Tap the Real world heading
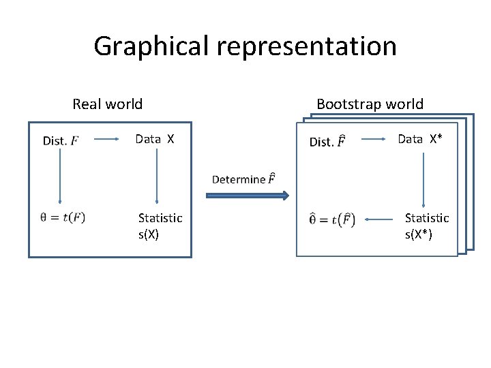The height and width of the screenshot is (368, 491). pyautogui.click(x=108, y=104)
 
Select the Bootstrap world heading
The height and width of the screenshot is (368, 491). pyautogui.click(x=370, y=104)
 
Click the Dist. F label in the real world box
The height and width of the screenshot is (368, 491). pyautogui.click(x=60, y=141)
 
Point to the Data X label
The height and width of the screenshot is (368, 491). pyautogui.click(x=155, y=140)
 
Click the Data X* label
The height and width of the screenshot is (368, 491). pyautogui.click(x=420, y=140)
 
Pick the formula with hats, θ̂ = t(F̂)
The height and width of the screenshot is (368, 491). pyautogui.click(x=331, y=219)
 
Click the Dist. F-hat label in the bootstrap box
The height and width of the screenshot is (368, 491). pyautogui.click(x=327, y=142)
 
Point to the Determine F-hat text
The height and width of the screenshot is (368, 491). pyautogui.click(x=243, y=179)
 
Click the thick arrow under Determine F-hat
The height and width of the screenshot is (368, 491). pyautogui.click(x=247, y=196)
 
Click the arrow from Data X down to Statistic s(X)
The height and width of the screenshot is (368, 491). pyautogui.click(x=157, y=176)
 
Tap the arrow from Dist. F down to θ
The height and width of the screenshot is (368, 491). pyautogui.click(x=60, y=176)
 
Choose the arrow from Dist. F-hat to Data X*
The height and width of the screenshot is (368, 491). pyautogui.click(x=374, y=140)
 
